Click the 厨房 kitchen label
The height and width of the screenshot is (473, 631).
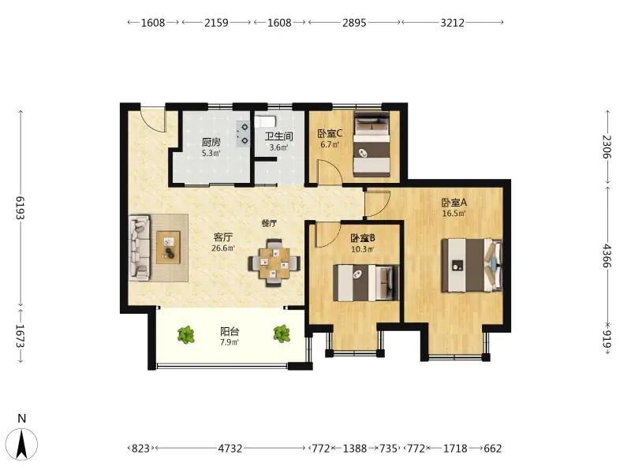(x=211, y=142)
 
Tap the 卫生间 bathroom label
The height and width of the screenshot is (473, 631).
(x=278, y=136)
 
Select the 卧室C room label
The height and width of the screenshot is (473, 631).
(x=330, y=133)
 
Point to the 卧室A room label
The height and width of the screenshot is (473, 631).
(x=454, y=203)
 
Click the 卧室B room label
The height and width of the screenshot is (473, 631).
(x=363, y=238)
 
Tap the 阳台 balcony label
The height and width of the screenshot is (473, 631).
(x=230, y=331)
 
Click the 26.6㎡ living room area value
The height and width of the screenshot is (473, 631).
(x=223, y=248)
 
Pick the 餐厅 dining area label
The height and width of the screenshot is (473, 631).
(x=269, y=223)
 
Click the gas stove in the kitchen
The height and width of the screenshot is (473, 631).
(x=243, y=133)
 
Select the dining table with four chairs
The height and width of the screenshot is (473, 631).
(x=274, y=263)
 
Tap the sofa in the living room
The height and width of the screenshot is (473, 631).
(x=139, y=248)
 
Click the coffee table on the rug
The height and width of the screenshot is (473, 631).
(x=168, y=248)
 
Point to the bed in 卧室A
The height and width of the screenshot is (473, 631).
(x=472, y=266)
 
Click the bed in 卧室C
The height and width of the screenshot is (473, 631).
(x=372, y=144)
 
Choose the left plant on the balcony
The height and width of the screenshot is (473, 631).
(x=186, y=334)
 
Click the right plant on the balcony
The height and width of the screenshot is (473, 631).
(x=282, y=333)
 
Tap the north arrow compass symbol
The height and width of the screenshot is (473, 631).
(x=22, y=444)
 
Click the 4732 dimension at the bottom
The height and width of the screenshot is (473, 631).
(x=230, y=448)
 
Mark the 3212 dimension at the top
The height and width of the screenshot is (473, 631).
(x=452, y=23)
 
